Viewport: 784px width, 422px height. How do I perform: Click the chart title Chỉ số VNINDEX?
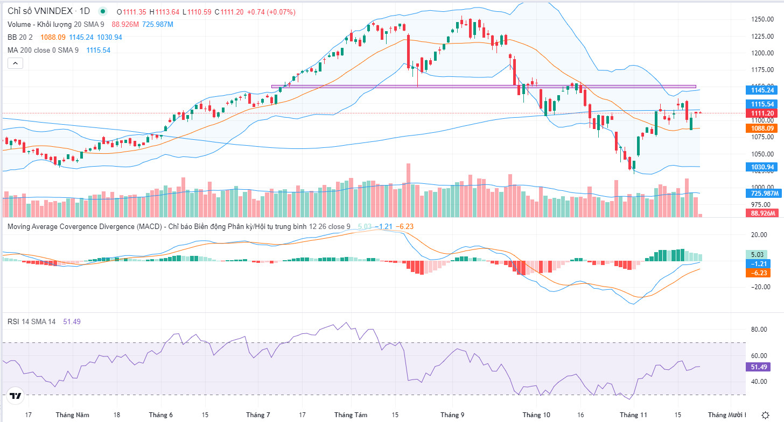[x=40, y=11]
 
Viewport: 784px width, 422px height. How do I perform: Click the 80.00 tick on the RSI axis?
[x=759, y=330]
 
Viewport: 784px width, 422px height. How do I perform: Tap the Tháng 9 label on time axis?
[x=452, y=415]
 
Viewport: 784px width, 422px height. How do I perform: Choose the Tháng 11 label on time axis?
[x=633, y=415]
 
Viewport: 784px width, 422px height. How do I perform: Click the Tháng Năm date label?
[x=72, y=415]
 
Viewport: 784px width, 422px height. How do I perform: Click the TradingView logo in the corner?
[x=15, y=396]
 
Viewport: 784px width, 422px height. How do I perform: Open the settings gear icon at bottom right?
[x=765, y=415]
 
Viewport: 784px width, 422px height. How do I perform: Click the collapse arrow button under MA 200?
[x=15, y=63]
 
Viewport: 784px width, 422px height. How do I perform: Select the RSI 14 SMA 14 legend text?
[x=31, y=321]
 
